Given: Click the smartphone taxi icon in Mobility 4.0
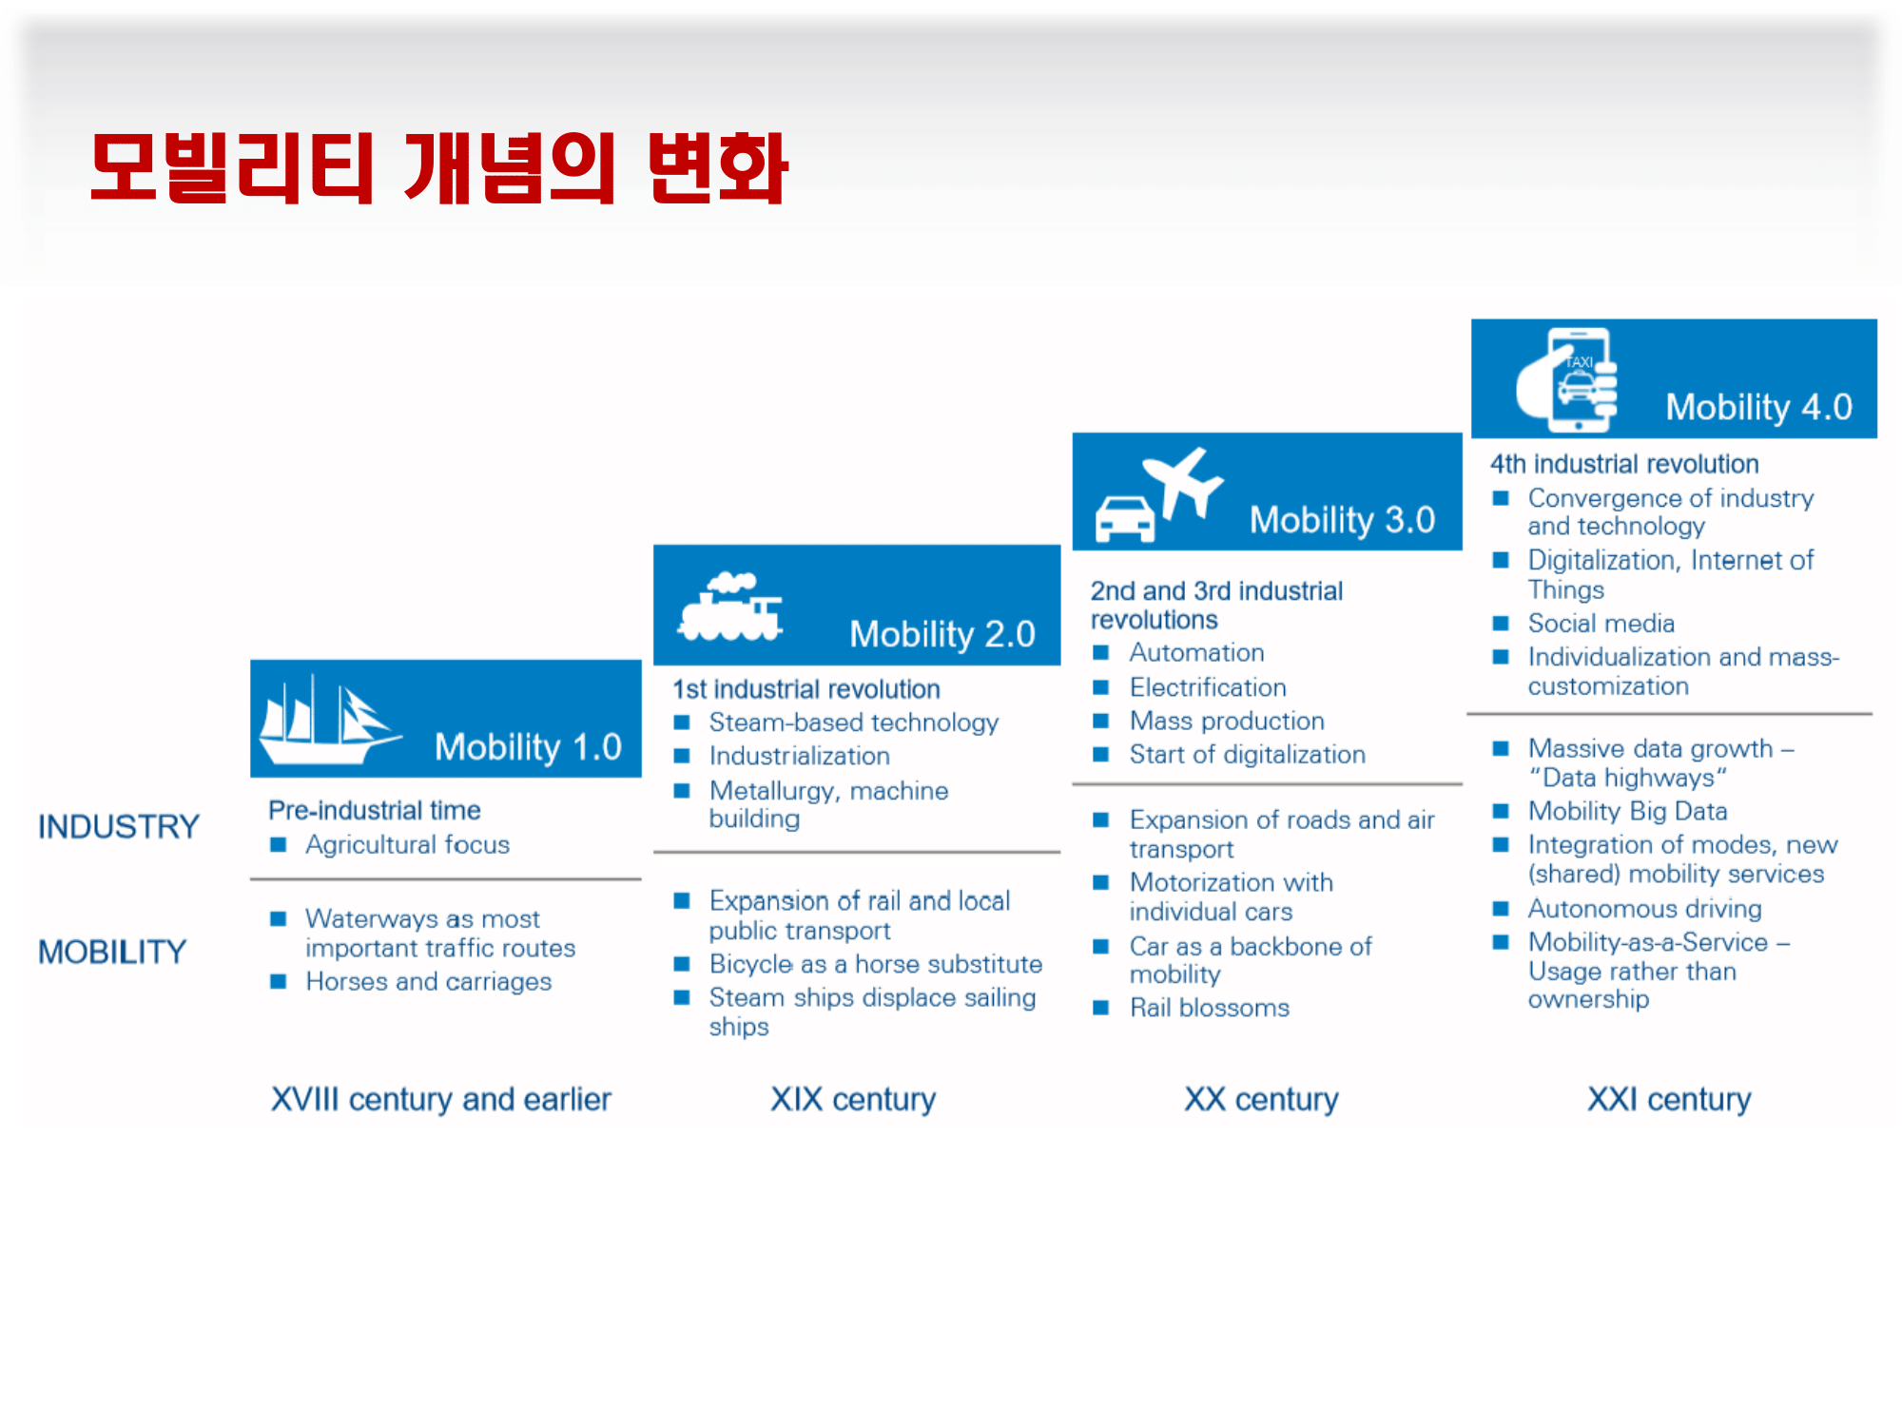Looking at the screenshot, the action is pos(1567,378).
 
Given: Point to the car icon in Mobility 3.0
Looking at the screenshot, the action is pos(1124,519).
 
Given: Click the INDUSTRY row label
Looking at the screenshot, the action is pos(119,826).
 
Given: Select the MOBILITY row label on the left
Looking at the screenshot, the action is pos(112,952).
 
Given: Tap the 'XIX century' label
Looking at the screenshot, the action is pos(853,1099).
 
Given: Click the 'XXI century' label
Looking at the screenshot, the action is pos(1669,1099).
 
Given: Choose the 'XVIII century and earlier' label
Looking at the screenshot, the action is pos(441,1099).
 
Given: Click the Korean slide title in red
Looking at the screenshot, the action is pos(439,168).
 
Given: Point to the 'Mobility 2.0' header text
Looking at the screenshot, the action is pos(942,634).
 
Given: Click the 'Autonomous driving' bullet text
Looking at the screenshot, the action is pos(1645,909).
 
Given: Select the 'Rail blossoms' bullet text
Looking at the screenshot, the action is pos(1210,1008).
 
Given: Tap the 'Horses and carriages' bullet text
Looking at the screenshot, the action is pos(429,981).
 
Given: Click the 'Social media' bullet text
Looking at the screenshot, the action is pos(1601,624).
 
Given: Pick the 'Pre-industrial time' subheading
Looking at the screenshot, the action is pos(375,810).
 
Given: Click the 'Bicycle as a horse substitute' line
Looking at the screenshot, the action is pos(876,964).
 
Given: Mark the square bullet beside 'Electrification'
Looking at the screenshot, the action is pos(1100,686).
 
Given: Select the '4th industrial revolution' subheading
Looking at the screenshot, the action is pos(1624,464).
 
